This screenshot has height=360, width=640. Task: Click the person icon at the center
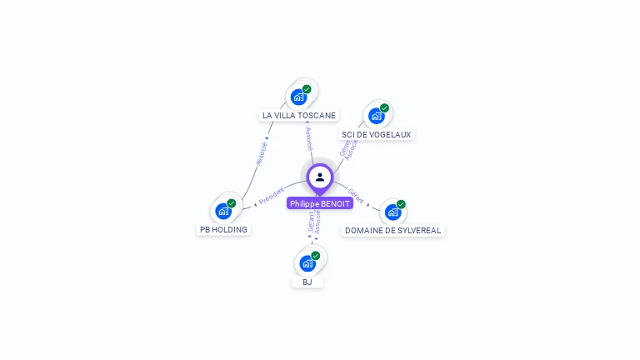(x=320, y=177)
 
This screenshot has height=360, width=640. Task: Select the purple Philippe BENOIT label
(x=320, y=203)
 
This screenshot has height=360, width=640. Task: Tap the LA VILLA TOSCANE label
(x=299, y=116)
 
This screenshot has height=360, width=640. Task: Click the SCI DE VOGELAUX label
(x=376, y=134)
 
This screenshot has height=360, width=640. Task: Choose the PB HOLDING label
(x=223, y=229)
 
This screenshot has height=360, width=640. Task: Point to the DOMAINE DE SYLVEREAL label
(x=393, y=230)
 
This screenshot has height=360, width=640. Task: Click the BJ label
(x=307, y=282)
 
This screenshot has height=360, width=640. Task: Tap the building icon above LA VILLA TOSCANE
(x=298, y=97)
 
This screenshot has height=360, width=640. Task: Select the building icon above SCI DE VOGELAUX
(x=376, y=116)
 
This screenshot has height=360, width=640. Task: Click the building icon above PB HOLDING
(x=222, y=211)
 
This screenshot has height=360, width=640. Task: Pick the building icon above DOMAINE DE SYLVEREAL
(x=392, y=212)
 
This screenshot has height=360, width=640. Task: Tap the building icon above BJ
(x=307, y=263)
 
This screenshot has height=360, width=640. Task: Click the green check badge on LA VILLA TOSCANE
(x=307, y=89)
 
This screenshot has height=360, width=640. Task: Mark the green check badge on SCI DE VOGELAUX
(x=384, y=108)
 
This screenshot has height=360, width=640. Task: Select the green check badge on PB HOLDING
(x=232, y=203)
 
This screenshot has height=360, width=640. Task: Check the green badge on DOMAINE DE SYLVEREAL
(x=401, y=204)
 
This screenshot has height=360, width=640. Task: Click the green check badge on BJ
(x=315, y=256)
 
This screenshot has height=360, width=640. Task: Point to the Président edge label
(x=272, y=197)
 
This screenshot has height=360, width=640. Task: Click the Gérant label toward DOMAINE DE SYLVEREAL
(x=356, y=196)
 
